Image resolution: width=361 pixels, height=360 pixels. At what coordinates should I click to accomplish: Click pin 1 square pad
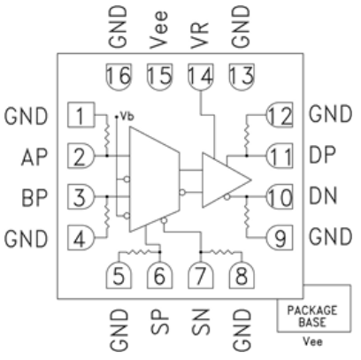tap(81, 115)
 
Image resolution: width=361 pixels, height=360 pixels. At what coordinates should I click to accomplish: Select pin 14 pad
tap(201, 77)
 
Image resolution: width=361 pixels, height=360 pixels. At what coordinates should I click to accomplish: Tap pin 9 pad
tap(280, 238)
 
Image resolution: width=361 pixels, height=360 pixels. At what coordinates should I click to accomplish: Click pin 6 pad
tap(160, 276)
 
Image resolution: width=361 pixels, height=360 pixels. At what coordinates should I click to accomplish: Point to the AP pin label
tap(35, 157)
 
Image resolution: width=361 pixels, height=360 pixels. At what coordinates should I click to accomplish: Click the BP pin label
tap(35, 197)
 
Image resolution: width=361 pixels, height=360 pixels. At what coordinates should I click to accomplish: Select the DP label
tap(322, 155)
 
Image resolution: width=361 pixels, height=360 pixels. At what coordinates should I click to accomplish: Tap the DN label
tap(323, 195)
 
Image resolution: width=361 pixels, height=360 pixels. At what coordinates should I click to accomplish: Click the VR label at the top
tap(200, 34)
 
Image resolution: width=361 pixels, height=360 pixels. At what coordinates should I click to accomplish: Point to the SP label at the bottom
tap(160, 322)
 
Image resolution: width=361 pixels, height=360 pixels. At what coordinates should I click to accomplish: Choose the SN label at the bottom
tap(201, 322)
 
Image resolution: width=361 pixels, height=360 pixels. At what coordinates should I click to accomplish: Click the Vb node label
tap(127, 117)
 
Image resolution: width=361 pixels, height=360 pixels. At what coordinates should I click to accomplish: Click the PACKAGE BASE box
tap(314, 308)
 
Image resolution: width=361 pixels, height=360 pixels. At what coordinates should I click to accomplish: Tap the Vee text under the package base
tap(312, 341)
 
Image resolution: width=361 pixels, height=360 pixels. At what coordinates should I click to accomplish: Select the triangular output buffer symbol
tap(227, 180)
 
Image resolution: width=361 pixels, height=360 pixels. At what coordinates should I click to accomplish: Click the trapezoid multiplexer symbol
tap(155, 180)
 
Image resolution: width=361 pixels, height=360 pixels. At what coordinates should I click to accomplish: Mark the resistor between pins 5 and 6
tap(139, 252)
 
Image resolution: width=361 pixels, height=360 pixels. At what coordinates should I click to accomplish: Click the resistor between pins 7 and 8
tap(221, 252)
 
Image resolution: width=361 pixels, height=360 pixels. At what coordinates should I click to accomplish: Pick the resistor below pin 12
tap(247, 135)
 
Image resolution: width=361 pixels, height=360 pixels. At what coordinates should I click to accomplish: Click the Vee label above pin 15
tap(158, 29)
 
